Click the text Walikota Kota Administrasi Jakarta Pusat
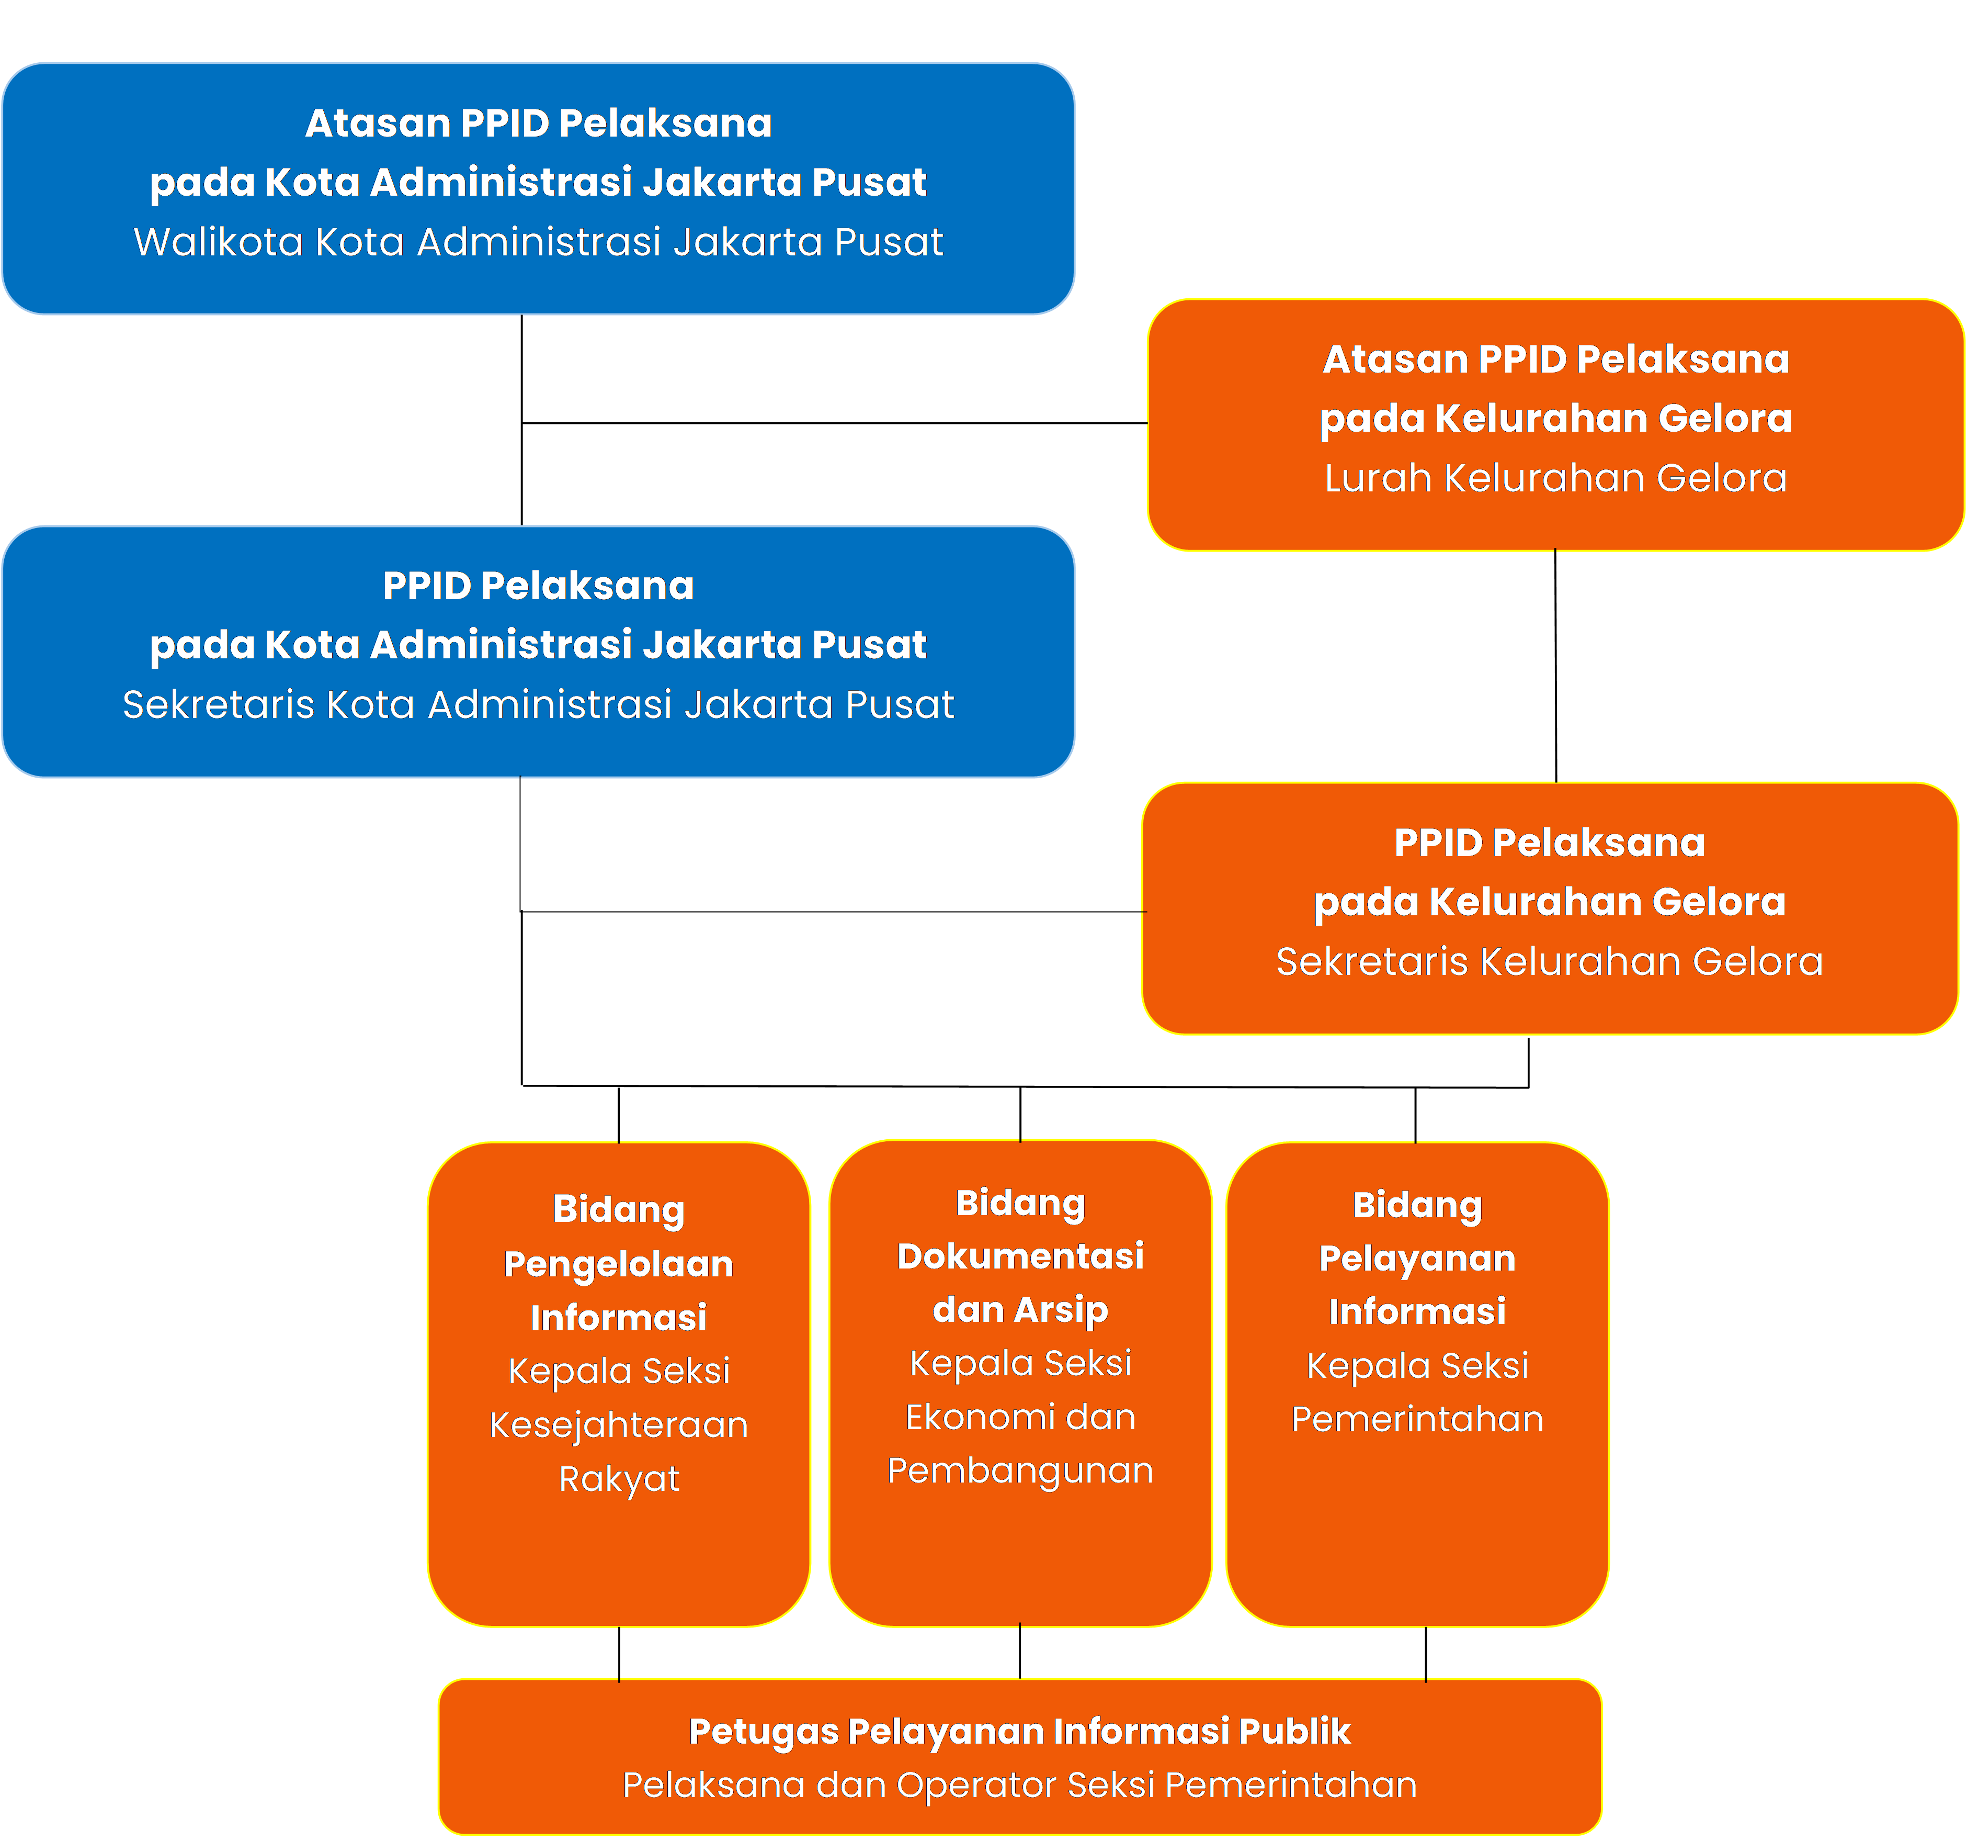pyautogui.click(x=538, y=242)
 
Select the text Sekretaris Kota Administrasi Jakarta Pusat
pyautogui.click(x=538, y=705)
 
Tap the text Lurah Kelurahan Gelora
pyautogui.click(x=1555, y=478)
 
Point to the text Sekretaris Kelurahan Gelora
pyautogui.click(x=1550, y=961)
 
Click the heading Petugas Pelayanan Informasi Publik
pyautogui.click(x=1019, y=1731)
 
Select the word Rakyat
pyautogui.click(x=618, y=1479)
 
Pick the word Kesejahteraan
pyautogui.click(x=618, y=1425)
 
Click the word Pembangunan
pyautogui.click(x=1020, y=1471)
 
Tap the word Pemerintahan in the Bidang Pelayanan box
pyautogui.click(x=1417, y=1419)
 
